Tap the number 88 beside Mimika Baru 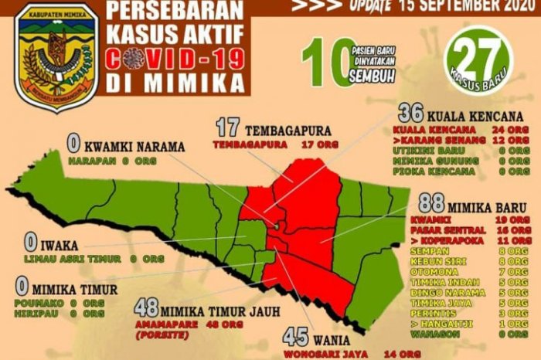[x=430, y=204]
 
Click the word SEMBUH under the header [x=368, y=77]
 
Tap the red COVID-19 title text [x=171, y=59]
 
